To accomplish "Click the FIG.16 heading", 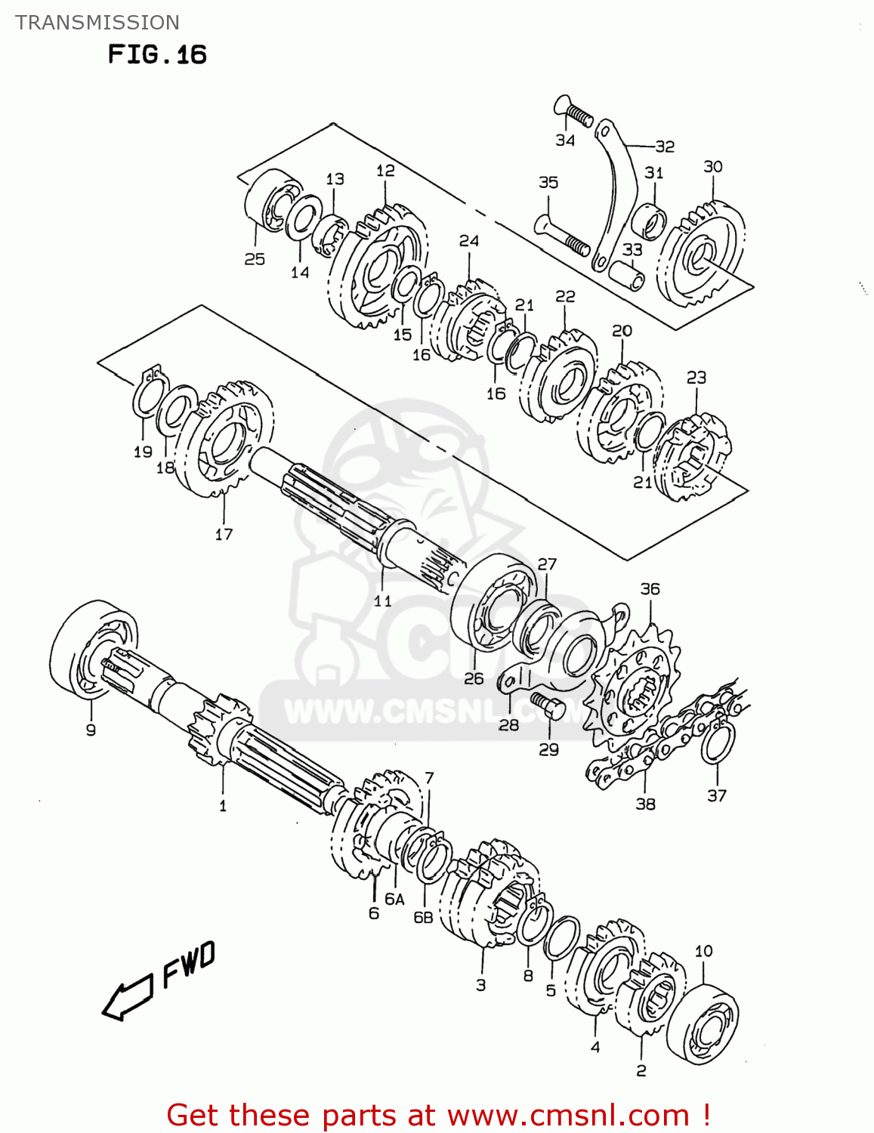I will (x=157, y=54).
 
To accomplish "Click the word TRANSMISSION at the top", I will (x=97, y=23).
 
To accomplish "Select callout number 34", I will (x=565, y=140).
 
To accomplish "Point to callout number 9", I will (x=91, y=730).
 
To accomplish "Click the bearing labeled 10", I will (x=703, y=1023).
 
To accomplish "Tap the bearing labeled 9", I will (x=92, y=648).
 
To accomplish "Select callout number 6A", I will (x=394, y=899).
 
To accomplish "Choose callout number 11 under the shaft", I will (x=383, y=600).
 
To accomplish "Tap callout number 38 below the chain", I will (x=645, y=804).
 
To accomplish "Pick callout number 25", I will (x=255, y=258).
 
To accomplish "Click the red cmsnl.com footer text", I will (x=438, y=1115).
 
